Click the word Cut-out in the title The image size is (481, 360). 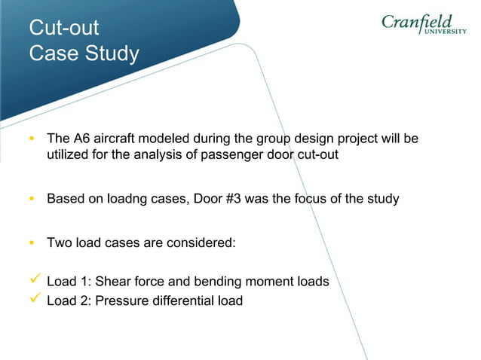[63, 29]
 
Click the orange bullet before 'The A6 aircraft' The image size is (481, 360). [32, 140]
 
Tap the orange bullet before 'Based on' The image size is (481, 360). [32, 200]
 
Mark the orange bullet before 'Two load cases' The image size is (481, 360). [32, 243]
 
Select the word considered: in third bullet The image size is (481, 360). [203, 243]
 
